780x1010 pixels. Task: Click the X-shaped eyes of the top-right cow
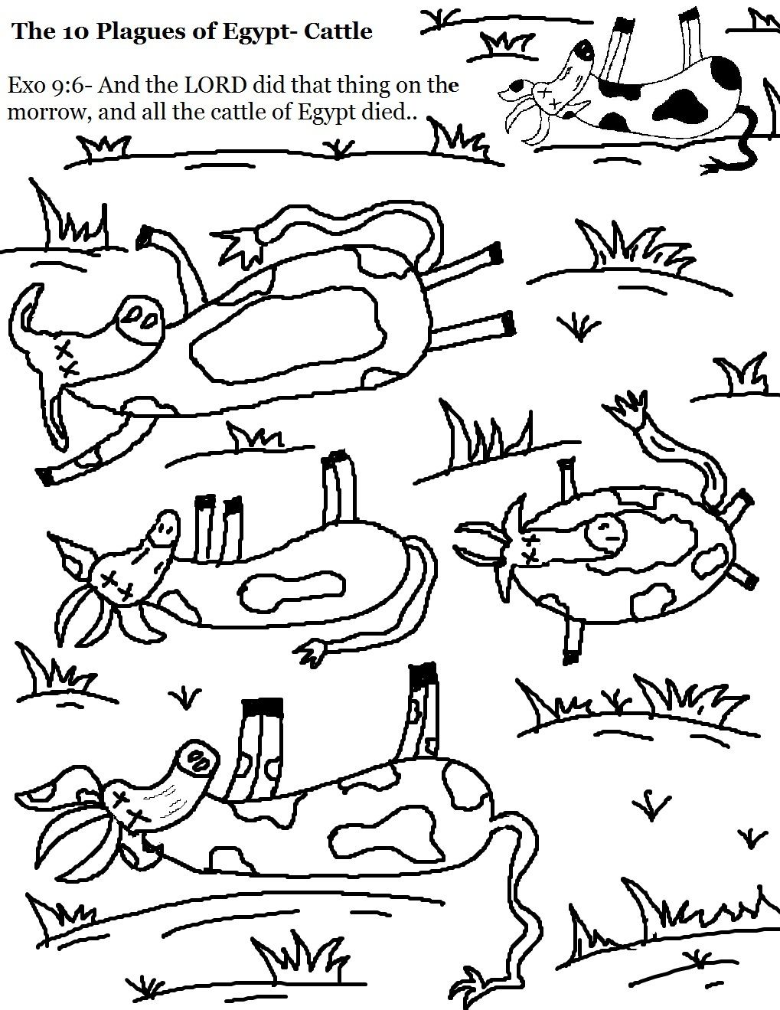coord(546,96)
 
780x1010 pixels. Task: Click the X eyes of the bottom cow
coord(126,808)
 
